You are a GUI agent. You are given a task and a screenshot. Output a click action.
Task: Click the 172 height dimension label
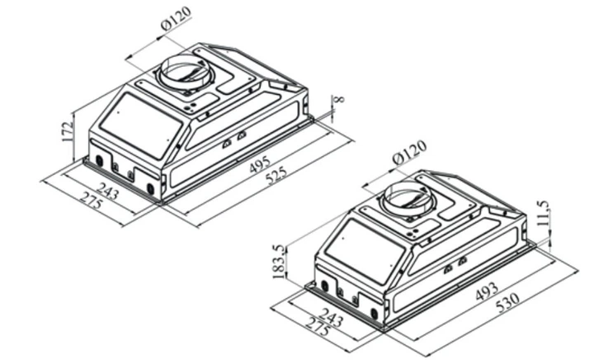click(67, 131)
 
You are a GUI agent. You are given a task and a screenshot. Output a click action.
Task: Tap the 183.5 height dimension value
click(279, 262)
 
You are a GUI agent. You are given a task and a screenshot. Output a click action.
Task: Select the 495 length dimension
click(260, 164)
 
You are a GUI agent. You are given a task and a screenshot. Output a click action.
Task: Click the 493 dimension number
click(487, 291)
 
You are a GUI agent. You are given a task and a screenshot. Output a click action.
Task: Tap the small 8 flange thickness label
click(339, 99)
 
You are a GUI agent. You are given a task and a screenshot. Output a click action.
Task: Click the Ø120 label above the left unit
click(177, 18)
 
